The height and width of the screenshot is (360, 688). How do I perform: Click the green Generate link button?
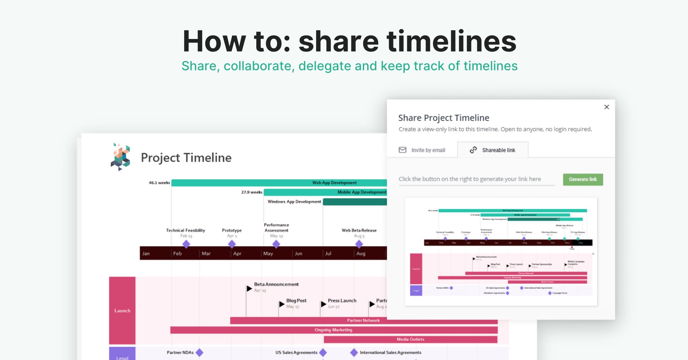583,179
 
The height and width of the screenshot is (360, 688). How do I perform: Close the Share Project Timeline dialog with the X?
606,107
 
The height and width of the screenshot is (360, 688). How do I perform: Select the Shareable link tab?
493,150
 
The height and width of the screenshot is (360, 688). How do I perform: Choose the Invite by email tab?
422,150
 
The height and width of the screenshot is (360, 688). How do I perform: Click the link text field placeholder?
470,179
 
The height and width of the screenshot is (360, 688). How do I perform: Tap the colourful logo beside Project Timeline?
120,157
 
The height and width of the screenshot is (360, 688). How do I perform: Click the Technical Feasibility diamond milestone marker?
186,244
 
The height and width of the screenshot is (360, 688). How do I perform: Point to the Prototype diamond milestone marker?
232,244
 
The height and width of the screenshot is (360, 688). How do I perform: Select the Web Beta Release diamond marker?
359,244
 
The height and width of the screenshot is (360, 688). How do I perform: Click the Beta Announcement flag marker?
249,288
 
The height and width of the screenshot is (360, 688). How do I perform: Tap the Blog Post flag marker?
282,304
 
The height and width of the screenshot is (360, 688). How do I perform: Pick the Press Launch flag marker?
323,304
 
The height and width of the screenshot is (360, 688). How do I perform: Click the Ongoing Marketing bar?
334,330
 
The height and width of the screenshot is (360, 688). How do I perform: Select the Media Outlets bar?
410,339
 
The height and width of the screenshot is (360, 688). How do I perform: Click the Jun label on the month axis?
298,253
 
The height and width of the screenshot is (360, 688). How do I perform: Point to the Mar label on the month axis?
206,253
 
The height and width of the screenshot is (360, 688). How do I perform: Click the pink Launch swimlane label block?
122,310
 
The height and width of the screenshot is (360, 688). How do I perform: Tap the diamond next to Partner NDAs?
200,352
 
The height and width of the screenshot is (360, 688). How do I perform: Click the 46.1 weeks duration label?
159,183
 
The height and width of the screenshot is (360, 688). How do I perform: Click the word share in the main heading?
339,42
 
